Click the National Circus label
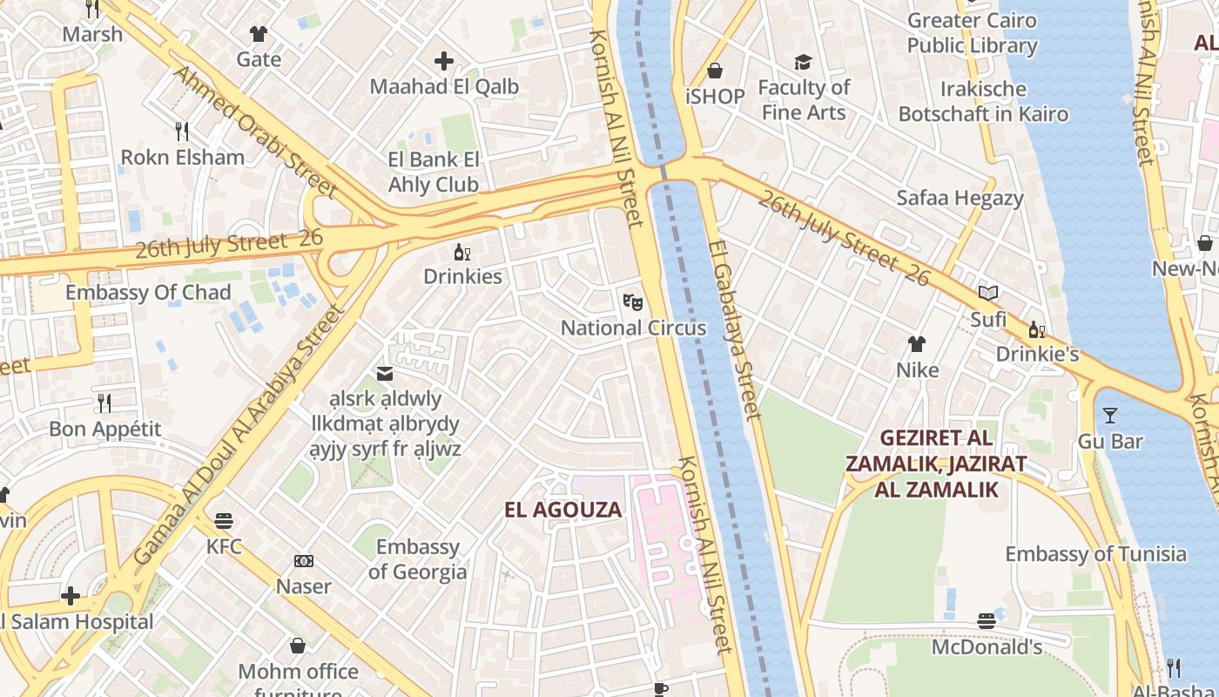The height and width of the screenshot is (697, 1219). point(633,328)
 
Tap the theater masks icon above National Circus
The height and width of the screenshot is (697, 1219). point(633,302)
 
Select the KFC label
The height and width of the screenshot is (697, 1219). point(224,547)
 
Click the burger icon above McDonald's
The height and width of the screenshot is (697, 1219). point(987,621)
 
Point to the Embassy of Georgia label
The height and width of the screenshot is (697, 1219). point(417,559)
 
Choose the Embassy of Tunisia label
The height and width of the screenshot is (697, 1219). point(1095,554)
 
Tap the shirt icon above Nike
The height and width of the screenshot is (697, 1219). point(917,344)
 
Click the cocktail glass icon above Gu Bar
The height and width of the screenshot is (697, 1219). point(1110,415)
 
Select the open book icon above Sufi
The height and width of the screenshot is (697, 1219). point(988,294)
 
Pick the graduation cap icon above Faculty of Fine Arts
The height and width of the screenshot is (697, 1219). point(803,62)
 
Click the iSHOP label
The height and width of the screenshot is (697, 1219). point(715,97)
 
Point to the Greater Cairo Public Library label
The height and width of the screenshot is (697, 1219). point(972,33)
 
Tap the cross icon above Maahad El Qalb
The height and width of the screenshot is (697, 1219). point(444,61)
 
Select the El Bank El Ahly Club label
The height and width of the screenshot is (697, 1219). point(434,173)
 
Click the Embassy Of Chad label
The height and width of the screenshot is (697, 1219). point(148,293)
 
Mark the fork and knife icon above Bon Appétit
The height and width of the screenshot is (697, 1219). point(104,403)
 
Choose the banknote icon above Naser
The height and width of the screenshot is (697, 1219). point(304,561)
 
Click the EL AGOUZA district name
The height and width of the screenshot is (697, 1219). point(563,511)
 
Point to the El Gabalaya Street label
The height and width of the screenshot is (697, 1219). point(736,331)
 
